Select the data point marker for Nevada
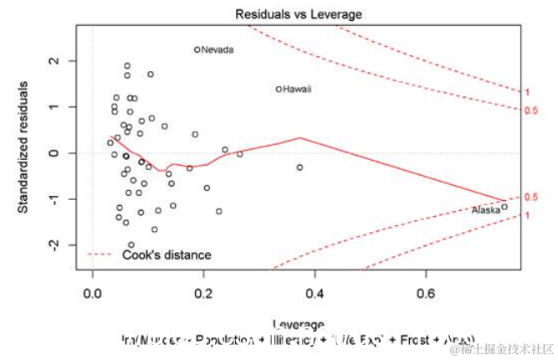point(197,49)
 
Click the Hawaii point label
point(298,90)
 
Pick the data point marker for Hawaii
point(279,90)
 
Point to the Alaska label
point(485,210)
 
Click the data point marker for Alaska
point(504,207)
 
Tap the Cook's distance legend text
point(166,255)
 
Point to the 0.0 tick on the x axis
point(92,294)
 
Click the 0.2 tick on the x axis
point(203,294)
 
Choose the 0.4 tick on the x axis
point(315,294)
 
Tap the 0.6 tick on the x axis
point(426,294)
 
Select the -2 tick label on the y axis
point(52,244)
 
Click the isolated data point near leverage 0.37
point(299,167)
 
